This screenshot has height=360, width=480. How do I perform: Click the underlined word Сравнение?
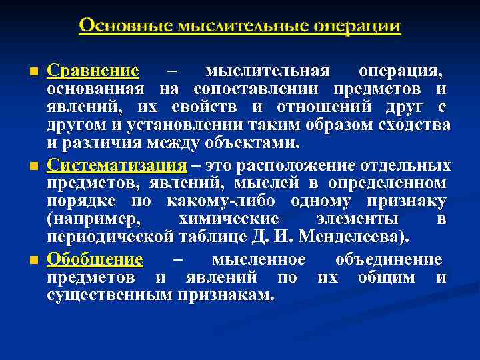[x=93, y=71]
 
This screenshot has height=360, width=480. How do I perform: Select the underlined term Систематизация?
[x=113, y=165]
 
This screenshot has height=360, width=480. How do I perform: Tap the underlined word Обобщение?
[x=95, y=259]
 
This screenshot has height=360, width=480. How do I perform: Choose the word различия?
[x=99, y=144]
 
